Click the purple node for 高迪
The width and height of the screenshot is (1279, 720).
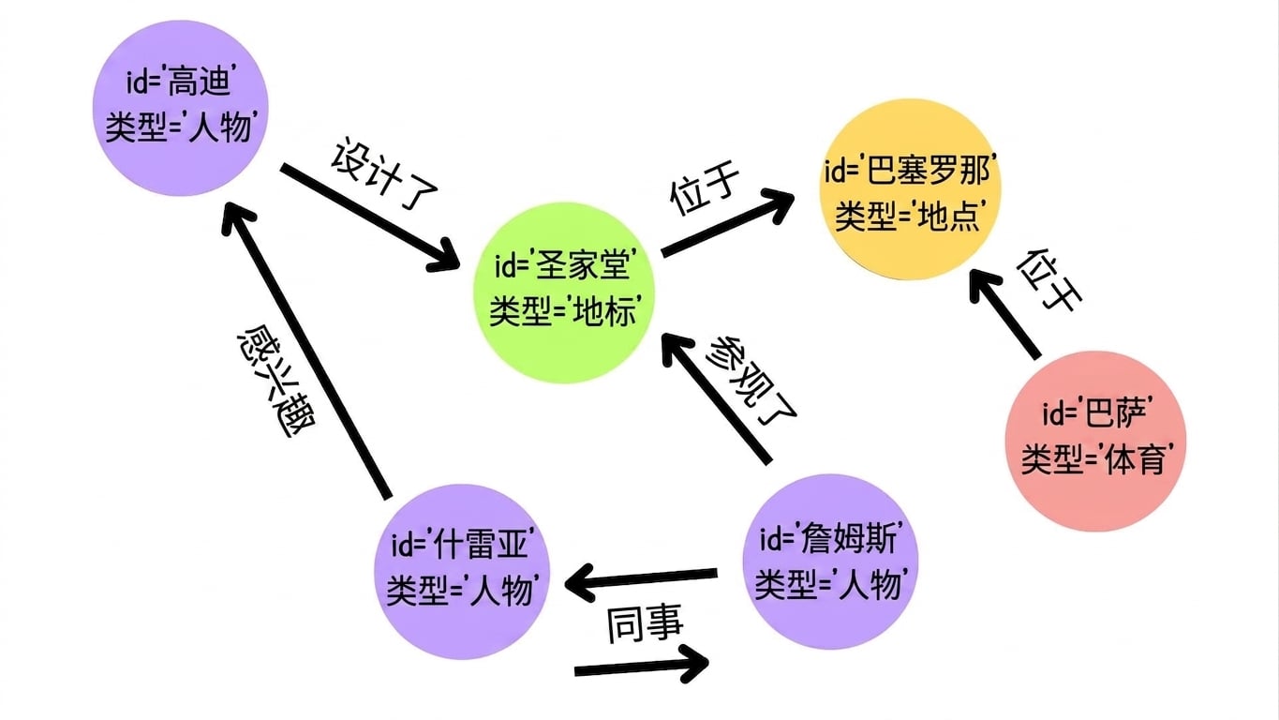click(181, 108)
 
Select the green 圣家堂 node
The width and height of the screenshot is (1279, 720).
click(563, 292)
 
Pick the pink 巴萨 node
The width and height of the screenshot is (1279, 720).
click(1095, 441)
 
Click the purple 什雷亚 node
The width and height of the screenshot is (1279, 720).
click(462, 572)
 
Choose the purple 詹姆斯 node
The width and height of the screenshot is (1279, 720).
click(830, 562)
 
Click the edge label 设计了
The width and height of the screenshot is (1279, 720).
click(384, 173)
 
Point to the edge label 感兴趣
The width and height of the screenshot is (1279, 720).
click(276, 381)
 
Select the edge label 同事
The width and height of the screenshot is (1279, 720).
click(644, 623)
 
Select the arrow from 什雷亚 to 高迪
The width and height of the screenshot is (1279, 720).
click(306, 350)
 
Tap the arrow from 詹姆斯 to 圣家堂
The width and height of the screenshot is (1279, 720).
click(717, 397)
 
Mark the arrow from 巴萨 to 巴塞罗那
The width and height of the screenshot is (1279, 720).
click(1004, 313)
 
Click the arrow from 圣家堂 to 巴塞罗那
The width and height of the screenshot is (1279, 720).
click(728, 223)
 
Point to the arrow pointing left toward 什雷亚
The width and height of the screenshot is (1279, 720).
click(641, 580)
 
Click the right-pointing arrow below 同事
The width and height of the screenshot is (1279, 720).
click(642, 666)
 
